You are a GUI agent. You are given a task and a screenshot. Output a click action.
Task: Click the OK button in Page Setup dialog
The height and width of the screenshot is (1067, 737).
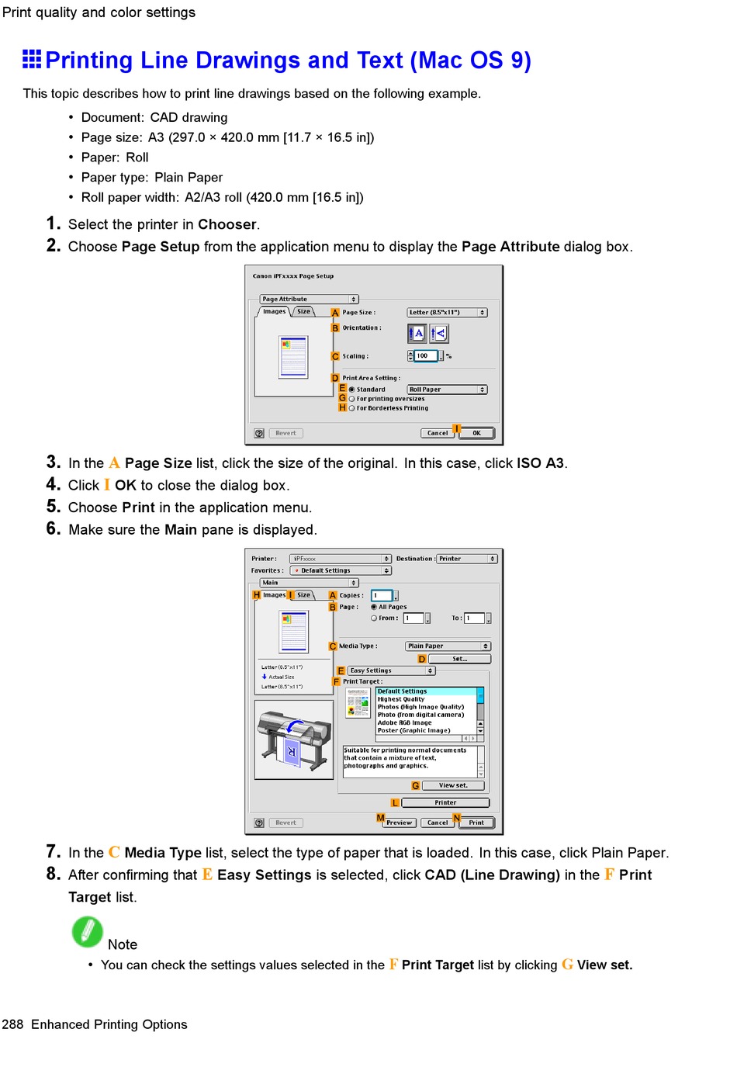(476, 433)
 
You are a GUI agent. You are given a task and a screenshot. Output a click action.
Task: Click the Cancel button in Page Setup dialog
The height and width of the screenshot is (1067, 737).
(438, 433)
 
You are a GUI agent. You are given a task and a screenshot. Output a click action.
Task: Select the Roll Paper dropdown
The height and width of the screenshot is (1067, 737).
(447, 390)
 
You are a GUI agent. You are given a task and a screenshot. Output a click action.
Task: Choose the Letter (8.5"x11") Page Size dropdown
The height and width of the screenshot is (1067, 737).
(447, 313)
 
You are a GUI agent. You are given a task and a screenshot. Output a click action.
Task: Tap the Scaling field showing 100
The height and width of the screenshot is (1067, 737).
(425, 356)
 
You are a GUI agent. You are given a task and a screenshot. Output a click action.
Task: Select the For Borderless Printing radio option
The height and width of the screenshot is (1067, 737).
(352, 408)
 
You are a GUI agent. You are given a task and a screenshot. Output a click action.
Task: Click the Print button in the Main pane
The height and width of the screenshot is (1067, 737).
(476, 823)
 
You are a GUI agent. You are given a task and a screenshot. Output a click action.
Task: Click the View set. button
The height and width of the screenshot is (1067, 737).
(453, 785)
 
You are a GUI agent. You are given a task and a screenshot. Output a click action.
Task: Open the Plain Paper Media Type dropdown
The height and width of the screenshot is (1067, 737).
(448, 646)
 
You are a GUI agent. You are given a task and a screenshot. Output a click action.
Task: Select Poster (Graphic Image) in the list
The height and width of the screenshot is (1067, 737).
(413, 730)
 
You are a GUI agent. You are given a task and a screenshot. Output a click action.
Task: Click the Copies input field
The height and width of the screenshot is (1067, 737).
(382, 595)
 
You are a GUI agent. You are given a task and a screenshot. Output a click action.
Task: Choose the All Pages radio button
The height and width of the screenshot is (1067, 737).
(374, 607)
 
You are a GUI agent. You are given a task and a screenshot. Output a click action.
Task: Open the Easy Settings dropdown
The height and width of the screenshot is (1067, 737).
(391, 670)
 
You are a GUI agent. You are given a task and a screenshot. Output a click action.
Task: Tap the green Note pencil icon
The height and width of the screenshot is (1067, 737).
(87, 932)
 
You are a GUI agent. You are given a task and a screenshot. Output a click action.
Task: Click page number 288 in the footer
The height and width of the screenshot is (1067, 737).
(12, 1024)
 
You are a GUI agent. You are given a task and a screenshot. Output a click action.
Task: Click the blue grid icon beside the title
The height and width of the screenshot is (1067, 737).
(32, 59)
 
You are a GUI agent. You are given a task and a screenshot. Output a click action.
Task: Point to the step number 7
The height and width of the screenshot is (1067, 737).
(53, 851)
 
